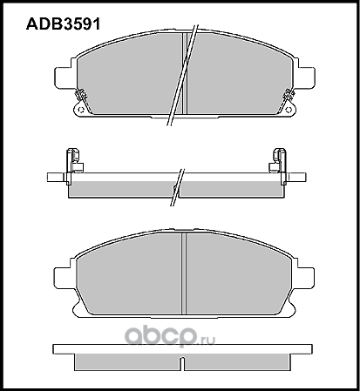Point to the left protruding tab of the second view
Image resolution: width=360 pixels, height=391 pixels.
coord(55,179)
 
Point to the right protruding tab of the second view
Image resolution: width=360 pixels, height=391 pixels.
coord(305,179)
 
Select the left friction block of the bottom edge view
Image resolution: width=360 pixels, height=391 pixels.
coord(126,362)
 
